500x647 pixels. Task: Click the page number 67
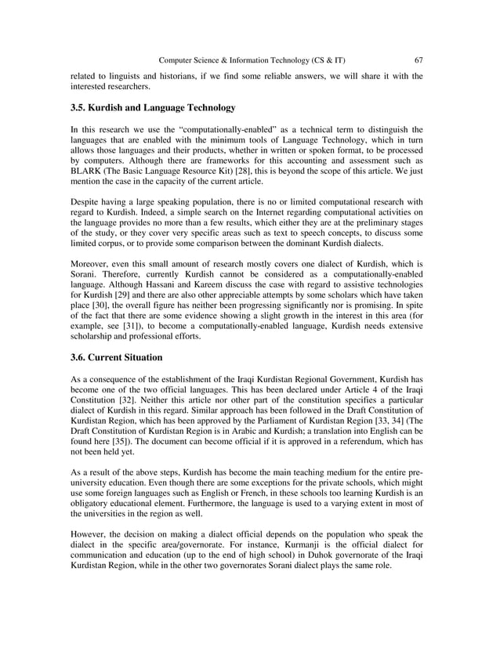pyautogui.click(x=418, y=60)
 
